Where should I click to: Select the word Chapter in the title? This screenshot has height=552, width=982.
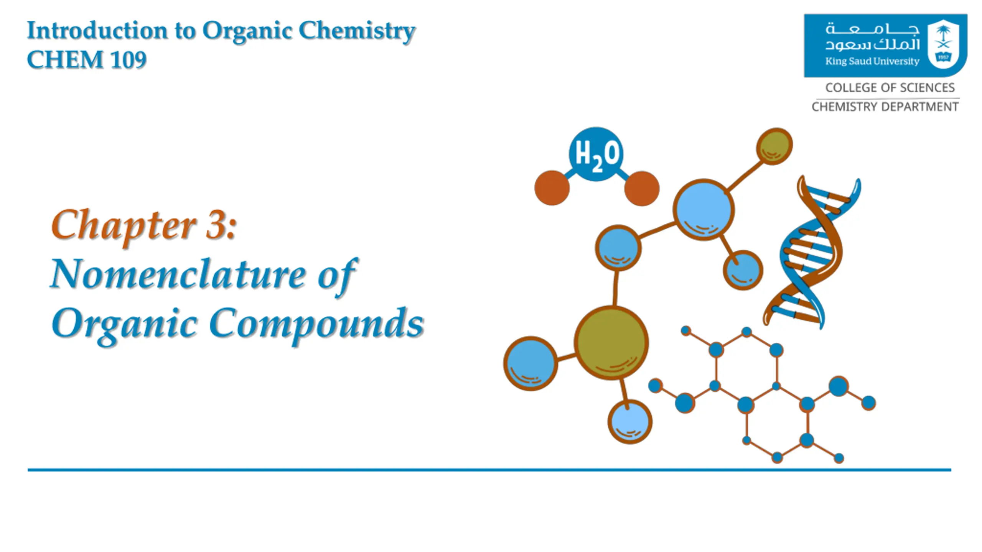(124, 226)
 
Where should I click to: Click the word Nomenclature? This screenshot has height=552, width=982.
(178, 274)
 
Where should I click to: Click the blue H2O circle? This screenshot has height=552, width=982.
(596, 154)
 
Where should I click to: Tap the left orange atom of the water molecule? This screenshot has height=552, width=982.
(552, 188)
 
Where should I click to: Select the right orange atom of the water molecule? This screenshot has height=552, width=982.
(642, 188)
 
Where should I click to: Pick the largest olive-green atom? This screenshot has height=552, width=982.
(611, 343)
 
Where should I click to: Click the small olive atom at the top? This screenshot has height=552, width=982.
(774, 146)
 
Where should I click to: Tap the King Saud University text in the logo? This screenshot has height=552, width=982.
(872, 61)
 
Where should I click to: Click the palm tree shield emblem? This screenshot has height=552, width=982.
(943, 44)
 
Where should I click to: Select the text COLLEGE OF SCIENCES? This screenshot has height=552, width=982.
(890, 88)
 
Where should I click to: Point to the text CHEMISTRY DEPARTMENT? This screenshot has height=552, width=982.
(885, 107)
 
